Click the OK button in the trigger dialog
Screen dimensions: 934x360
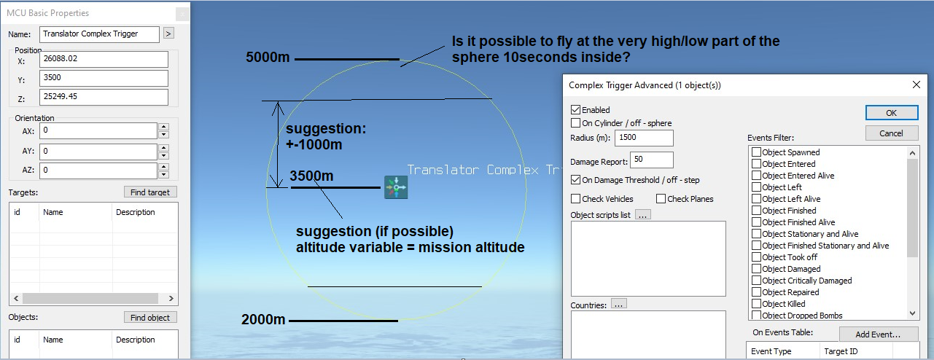[892, 112]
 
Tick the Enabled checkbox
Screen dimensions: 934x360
[575, 109]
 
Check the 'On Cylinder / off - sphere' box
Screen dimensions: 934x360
[575, 123]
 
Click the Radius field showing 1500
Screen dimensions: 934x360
[644, 138]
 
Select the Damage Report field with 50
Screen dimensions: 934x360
[651, 160]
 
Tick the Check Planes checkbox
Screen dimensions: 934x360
[661, 199]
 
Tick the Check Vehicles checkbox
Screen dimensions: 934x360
[575, 199]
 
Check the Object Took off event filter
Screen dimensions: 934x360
[756, 257]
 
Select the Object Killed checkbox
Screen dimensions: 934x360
[756, 304]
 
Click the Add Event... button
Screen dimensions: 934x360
[879, 334]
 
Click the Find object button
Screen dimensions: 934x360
[150, 318]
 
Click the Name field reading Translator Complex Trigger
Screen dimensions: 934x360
[99, 34]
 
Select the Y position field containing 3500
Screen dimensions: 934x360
[104, 78]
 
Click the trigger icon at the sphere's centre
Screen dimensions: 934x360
[396, 187]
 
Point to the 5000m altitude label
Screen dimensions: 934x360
[268, 57]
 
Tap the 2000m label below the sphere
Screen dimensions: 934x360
[263, 320]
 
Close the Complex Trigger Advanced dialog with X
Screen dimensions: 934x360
[916, 85]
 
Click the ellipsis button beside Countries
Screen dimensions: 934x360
[618, 304]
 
